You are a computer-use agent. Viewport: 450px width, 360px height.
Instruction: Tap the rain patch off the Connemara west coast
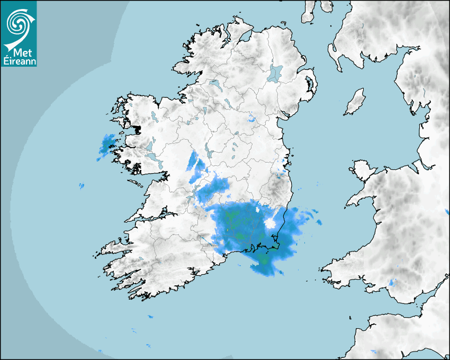(107, 145)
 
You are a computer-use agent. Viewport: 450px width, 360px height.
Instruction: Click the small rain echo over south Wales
(392, 282)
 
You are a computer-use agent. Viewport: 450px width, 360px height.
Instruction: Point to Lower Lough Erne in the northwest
(215, 84)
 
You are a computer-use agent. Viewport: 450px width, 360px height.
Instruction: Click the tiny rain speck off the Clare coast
(81, 186)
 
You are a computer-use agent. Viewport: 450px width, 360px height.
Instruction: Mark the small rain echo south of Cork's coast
(150, 317)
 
